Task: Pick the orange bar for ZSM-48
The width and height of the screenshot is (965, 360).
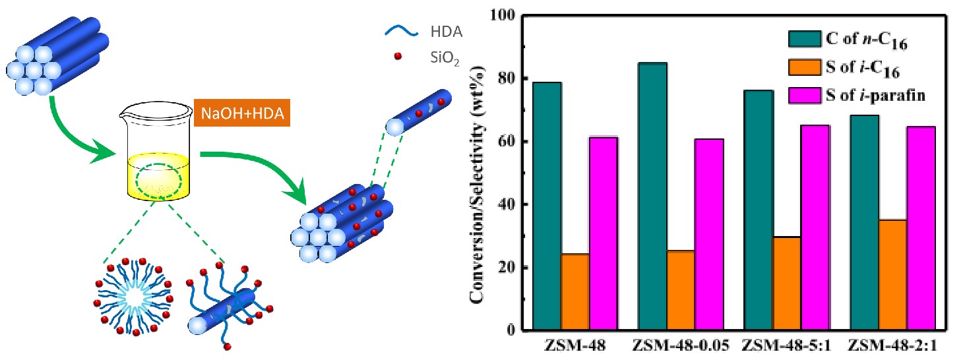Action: (x=575, y=291)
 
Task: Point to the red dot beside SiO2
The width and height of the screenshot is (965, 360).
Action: (x=397, y=57)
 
